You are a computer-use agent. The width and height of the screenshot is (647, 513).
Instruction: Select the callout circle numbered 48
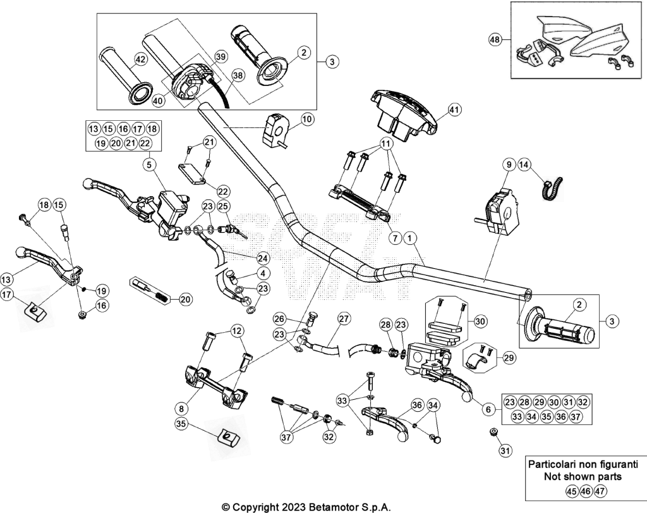tap(495, 40)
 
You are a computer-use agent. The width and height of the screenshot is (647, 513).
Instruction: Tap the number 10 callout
tap(306, 120)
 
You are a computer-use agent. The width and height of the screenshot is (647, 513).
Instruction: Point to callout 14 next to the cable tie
tap(524, 165)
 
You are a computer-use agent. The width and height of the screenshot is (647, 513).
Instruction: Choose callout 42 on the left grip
tap(141, 59)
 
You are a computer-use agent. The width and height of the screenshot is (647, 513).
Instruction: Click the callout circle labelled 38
tap(238, 75)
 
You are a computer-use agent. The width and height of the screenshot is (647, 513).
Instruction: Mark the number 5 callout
tap(149, 165)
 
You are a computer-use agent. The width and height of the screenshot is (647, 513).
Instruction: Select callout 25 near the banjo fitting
tap(224, 206)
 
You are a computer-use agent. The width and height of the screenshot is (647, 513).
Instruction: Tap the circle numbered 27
tap(344, 319)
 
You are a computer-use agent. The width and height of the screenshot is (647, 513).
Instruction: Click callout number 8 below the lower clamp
tap(182, 409)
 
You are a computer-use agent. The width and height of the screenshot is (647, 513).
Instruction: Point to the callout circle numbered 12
tap(238, 331)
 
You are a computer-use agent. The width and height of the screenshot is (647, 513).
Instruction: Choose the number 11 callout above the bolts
tap(386, 144)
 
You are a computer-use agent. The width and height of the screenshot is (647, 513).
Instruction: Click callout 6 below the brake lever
tap(488, 409)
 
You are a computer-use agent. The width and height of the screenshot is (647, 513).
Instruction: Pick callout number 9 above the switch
tap(509, 165)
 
